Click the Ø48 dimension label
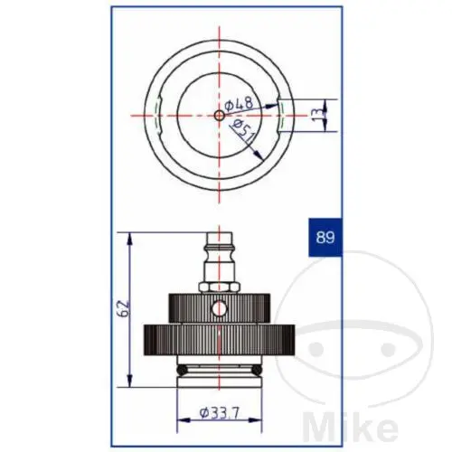[239, 104]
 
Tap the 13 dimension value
[318, 115]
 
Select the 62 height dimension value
[124, 308]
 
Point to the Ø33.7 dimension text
[220, 412]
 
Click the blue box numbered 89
[325, 237]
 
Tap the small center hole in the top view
[220, 115]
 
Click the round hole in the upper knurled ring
[219, 308]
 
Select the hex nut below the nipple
[220, 287]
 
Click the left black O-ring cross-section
[182, 370]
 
